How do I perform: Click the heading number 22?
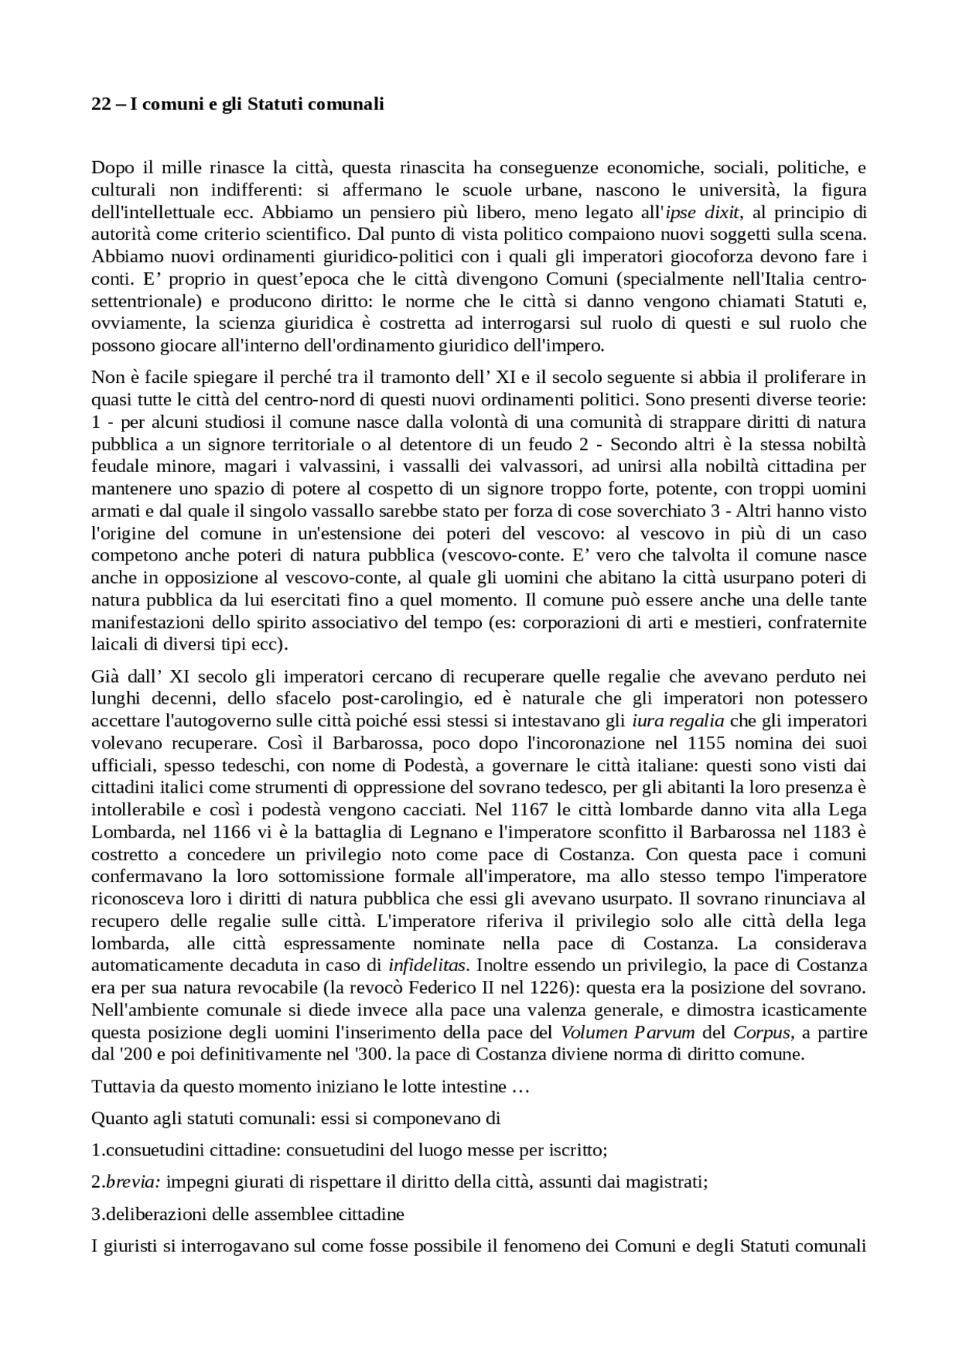(x=101, y=105)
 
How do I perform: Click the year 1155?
(x=703, y=744)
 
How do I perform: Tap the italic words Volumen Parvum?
(x=628, y=1033)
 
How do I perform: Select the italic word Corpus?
(x=761, y=1033)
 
